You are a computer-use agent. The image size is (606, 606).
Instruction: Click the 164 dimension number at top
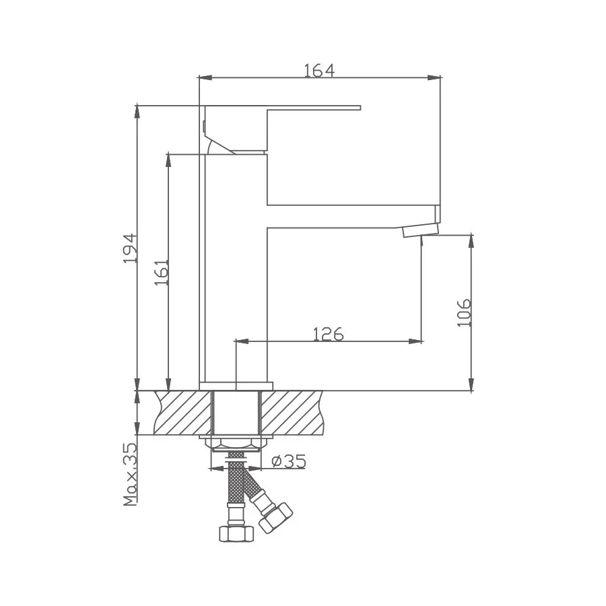318,69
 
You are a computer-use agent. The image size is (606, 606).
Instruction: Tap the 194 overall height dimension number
129,248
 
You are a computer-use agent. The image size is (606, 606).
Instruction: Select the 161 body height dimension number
161,271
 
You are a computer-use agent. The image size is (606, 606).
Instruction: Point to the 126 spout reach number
328,333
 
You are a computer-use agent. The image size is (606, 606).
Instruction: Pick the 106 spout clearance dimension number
463,312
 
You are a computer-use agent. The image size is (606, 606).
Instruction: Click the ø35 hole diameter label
288,461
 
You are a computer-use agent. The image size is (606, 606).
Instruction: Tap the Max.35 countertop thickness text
129,475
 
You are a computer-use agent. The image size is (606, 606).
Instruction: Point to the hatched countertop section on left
182,413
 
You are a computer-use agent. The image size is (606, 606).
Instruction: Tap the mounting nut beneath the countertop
236,444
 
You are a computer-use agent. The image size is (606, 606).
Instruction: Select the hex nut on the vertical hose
236,533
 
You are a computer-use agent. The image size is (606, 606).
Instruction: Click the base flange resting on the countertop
236,386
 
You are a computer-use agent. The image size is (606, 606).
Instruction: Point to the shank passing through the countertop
236,413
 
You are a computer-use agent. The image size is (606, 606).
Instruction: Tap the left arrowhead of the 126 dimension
238,341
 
